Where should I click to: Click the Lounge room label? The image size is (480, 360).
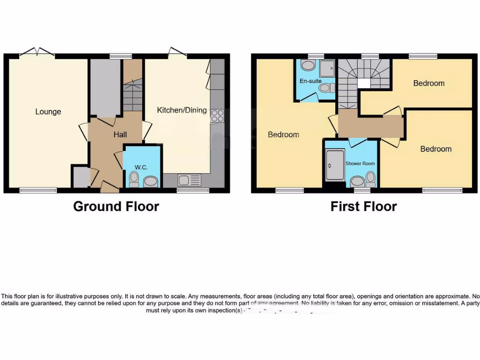(x=48, y=112)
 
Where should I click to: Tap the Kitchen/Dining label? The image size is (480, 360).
(x=181, y=111)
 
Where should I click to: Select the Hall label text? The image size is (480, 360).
(x=120, y=135)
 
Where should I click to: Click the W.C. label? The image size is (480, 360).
(x=141, y=167)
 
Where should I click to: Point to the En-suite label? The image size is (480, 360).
(x=310, y=81)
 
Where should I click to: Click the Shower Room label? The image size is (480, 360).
(x=360, y=164)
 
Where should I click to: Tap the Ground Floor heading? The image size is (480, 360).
(x=116, y=206)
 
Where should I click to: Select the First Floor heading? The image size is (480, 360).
(x=364, y=206)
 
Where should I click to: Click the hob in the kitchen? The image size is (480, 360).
(x=217, y=116)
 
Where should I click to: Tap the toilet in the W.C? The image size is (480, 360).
(x=134, y=179)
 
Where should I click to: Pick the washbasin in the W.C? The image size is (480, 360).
(x=150, y=181)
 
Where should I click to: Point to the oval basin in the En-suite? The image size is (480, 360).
(x=308, y=65)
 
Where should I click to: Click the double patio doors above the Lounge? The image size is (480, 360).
(x=37, y=52)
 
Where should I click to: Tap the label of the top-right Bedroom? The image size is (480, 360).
(x=428, y=83)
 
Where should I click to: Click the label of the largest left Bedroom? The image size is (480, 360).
(x=283, y=135)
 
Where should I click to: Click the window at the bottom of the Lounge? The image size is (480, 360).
(x=38, y=190)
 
